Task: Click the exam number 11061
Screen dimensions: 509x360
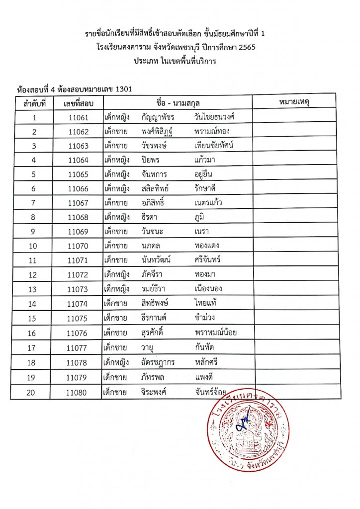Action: point(78,117)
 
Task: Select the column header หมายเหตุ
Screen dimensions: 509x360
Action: point(296,102)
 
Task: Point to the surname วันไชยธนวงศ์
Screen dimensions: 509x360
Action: point(215,117)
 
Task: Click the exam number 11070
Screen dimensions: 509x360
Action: point(78,246)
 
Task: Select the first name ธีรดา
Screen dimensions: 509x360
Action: point(153,217)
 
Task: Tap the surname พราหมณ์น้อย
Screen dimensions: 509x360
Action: point(216,333)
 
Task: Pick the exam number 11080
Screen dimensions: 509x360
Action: point(78,393)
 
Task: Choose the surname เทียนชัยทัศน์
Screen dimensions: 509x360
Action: point(215,146)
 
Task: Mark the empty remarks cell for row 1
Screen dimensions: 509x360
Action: point(296,117)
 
